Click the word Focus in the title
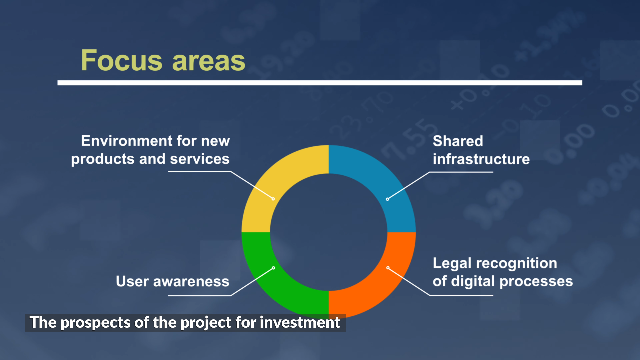(122, 60)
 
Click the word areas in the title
(209, 62)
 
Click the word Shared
(458, 141)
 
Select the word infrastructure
(481, 159)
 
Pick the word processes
(536, 282)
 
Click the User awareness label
(173, 281)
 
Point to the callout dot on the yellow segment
(273, 199)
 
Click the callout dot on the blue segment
(387, 199)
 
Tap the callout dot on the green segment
(274, 268)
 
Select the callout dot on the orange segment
(388, 268)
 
